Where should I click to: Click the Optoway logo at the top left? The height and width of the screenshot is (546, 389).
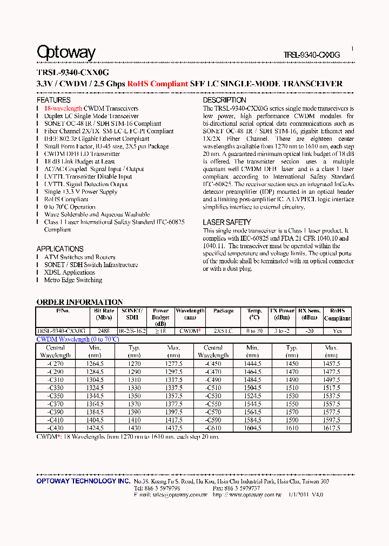click(66, 52)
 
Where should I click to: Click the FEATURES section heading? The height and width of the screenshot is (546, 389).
click(53, 100)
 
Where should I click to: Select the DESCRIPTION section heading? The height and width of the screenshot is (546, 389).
click(224, 100)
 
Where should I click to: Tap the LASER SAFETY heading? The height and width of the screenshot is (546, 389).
click(227, 222)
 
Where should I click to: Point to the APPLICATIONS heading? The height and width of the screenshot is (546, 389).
click(60, 249)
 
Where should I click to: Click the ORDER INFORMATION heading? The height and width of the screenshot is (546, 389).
click(79, 302)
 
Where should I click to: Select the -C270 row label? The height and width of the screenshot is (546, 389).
click(55, 364)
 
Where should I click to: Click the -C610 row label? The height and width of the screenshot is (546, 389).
click(213, 428)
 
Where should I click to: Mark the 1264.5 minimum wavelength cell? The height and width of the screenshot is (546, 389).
click(95, 364)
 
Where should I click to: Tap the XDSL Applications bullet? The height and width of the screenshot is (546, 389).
click(70, 272)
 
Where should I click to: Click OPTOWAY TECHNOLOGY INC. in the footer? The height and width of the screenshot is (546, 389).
click(83, 481)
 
